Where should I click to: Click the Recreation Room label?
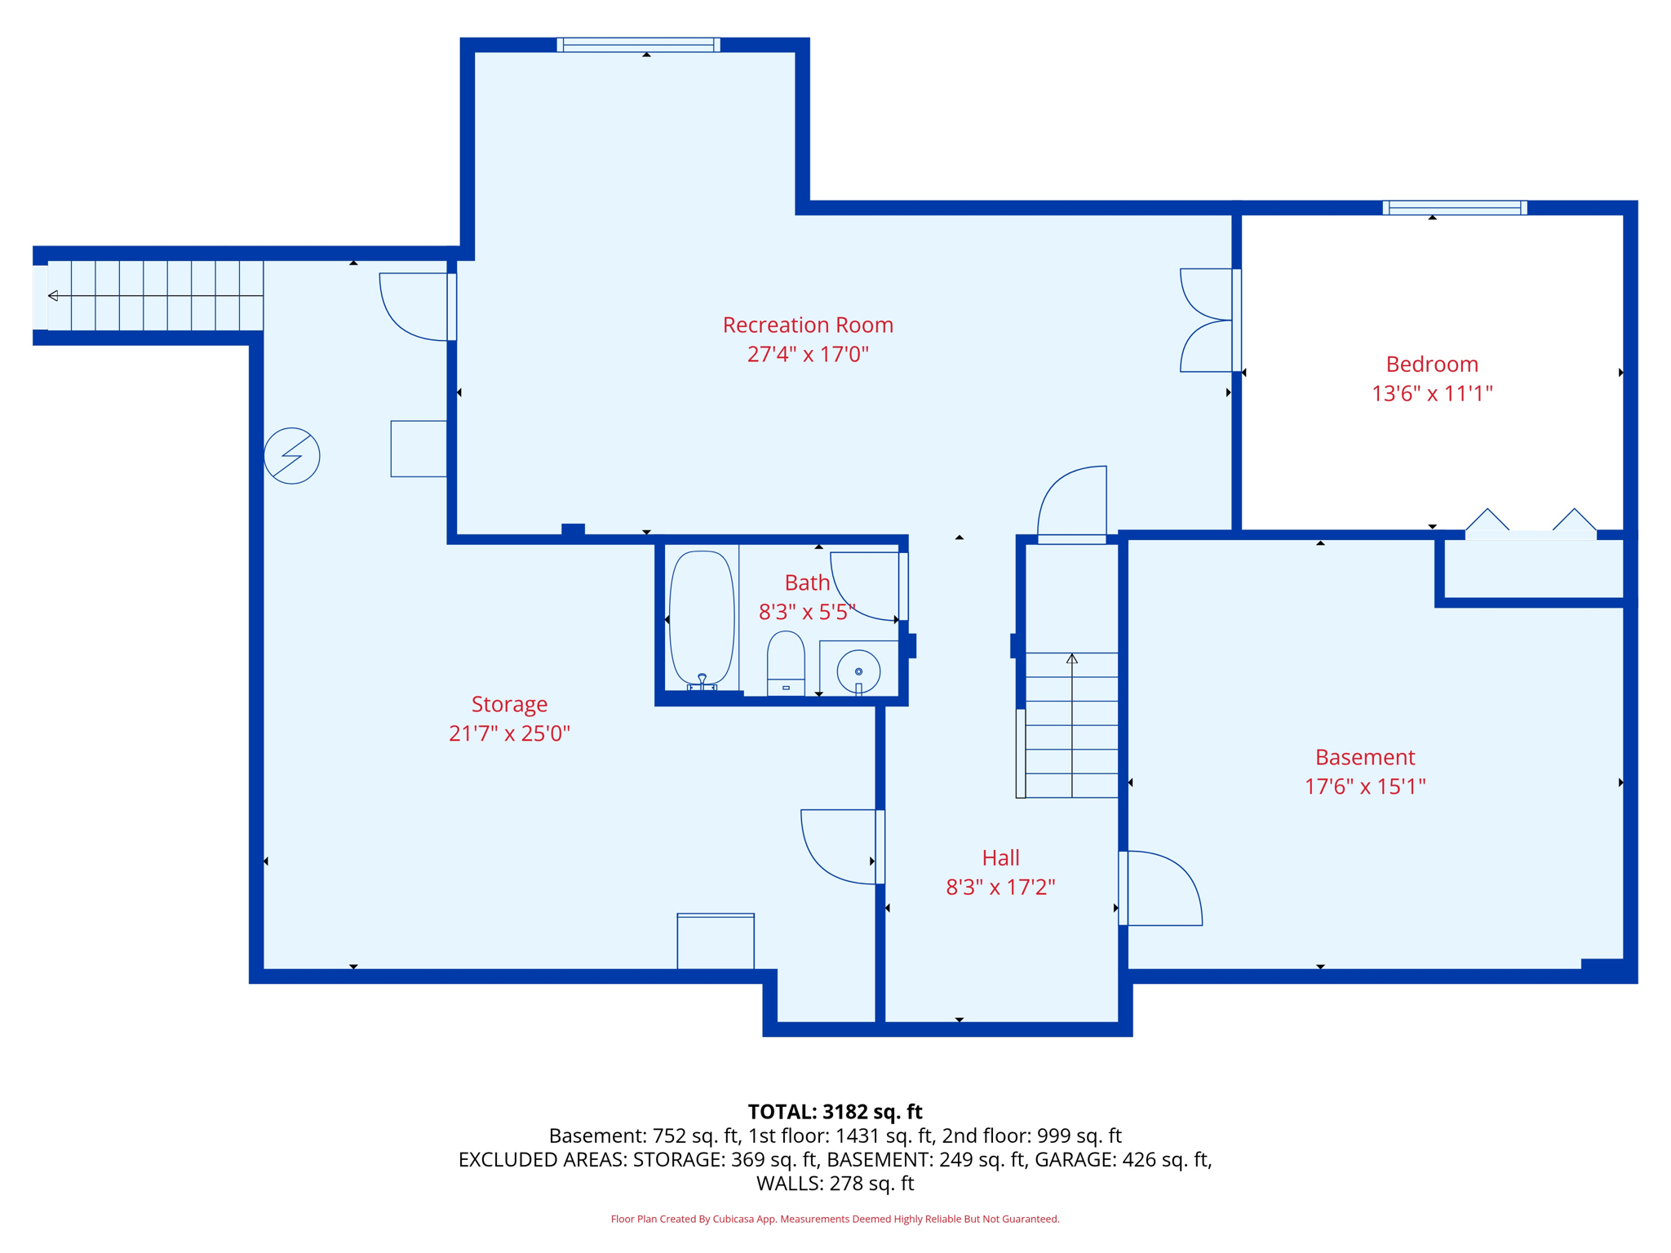point(808,325)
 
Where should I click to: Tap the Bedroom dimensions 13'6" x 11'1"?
point(1432,393)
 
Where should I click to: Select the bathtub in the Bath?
point(702,618)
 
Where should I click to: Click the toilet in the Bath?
point(786,662)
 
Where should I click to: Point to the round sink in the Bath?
point(858,671)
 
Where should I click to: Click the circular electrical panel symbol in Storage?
point(292,456)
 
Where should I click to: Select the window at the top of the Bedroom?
point(1455,208)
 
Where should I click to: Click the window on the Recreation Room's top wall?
point(638,45)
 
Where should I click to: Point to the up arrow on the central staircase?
point(1072,659)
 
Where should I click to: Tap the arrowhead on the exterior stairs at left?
point(53,295)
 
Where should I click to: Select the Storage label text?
point(509,704)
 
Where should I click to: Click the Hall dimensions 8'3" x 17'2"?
point(1000,887)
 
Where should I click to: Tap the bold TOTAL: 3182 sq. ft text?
point(835,1112)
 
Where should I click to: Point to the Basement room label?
point(1365,757)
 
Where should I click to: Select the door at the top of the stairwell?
point(1072,504)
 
